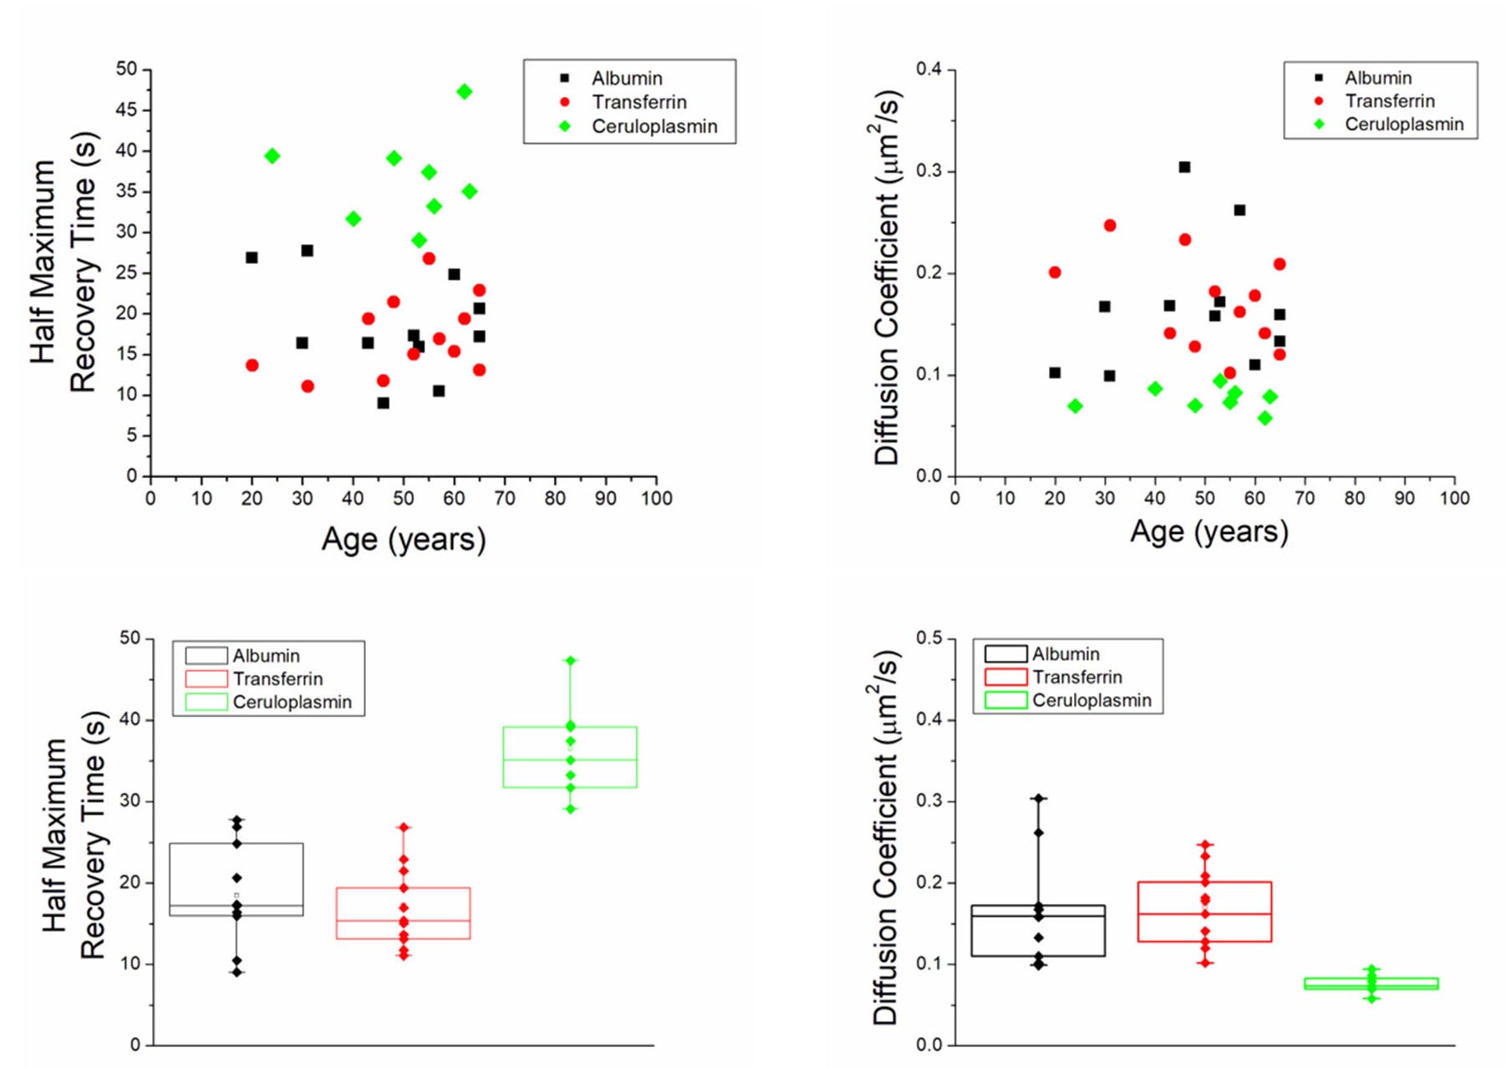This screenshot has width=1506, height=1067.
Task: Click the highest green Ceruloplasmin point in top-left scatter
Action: pos(464,92)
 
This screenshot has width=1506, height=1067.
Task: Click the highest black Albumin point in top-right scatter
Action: pos(1184,167)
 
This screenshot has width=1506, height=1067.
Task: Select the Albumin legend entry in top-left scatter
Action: pos(626,79)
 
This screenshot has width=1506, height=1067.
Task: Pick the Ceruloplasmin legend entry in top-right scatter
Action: pos(1403,124)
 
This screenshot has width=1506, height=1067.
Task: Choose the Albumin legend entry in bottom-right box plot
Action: pos(1065,654)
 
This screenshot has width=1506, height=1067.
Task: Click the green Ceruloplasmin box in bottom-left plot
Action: pos(570,757)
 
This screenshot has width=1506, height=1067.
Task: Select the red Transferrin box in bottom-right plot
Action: pos(1204,912)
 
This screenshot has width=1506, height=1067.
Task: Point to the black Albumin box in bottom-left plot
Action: pos(237,879)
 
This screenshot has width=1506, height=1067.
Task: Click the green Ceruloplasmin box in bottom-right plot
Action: pos(1371,983)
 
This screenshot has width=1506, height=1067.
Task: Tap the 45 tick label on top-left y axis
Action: pos(126,110)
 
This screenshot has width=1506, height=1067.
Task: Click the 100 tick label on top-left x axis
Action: pos(657,499)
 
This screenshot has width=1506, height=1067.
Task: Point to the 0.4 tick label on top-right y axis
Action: pos(929,69)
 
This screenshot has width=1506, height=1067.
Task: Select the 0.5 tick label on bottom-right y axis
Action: pos(929,638)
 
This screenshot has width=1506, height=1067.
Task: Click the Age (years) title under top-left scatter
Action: pos(404,540)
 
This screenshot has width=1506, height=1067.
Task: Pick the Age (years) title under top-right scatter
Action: pos(1208,531)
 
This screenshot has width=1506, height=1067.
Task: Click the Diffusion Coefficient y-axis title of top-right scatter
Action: pos(887,276)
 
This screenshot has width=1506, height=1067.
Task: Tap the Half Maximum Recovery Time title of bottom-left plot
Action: pos(74,836)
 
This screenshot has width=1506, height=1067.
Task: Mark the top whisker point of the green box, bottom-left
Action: pos(571,661)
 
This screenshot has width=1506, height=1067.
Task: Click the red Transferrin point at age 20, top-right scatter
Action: pos(1055,272)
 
